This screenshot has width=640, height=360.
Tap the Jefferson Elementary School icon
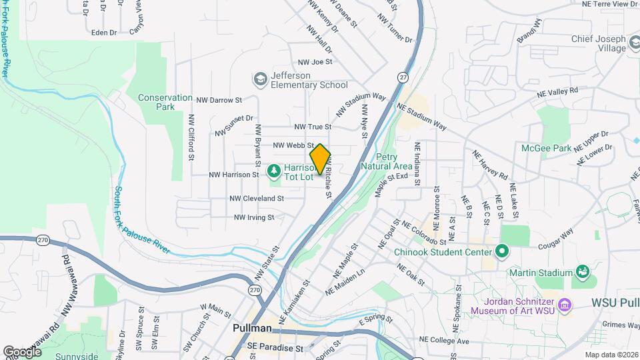259,79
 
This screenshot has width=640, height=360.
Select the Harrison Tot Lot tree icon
274,172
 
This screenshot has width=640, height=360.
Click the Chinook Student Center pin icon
502,251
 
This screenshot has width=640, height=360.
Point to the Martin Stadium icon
583,272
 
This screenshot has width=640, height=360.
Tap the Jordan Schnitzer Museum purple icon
565,305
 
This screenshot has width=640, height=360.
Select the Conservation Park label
156,102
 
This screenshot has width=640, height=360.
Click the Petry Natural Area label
385,161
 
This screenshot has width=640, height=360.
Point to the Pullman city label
253,329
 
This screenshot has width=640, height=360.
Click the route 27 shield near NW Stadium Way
403,77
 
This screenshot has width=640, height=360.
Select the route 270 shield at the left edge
44,240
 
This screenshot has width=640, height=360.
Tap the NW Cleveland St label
257,198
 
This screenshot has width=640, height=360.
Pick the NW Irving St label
254,217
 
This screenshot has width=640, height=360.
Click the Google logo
21,351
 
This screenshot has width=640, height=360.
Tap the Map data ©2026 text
611,355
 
